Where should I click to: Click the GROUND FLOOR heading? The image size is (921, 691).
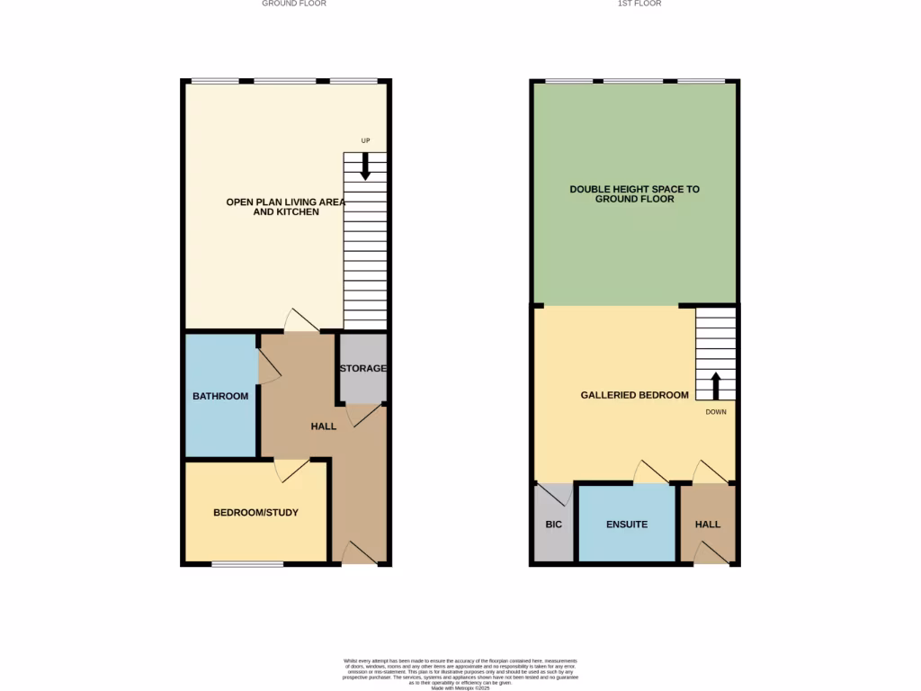pyautogui.click(x=293, y=4)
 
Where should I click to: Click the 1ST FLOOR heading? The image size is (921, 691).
pyautogui.click(x=639, y=4)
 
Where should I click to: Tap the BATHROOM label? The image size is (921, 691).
pyautogui.click(x=220, y=396)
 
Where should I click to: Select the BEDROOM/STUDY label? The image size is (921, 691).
pyautogui.click(x=255, y=513)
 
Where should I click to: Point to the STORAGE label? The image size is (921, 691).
pyautogui.click(x=362, y=369)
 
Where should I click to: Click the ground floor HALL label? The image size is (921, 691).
pyautogui.click(x=324, y=426)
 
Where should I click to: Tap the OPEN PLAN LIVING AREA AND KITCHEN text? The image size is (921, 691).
pyautogui.click(x=285, y=207)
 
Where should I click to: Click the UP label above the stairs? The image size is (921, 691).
pyautogui.click(x=365, y=140)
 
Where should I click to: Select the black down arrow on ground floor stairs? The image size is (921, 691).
pyautogui.click(x=365, y=166)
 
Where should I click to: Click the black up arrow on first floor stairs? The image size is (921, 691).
pyautogui.click(x=716, y=385)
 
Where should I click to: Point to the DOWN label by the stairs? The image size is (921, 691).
pyautogui.click(x=716, y=412)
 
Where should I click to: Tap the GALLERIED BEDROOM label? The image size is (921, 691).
pyautogui.click(x=634, y=395)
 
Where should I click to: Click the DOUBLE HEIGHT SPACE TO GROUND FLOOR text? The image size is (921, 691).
pyautogui.click(x=634, y=194)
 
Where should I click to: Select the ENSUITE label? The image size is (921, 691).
pyautogui.click(x=627, y=525)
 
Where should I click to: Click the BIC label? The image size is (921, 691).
pyautogui.click(x=553, y=525)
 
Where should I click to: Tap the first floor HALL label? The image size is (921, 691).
pyautogui.click(x=708, y=525)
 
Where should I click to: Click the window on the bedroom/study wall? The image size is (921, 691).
pyautogui.click(x=247, y=564)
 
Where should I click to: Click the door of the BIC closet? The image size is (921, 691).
pyautogui.click(x=554, y=494)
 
